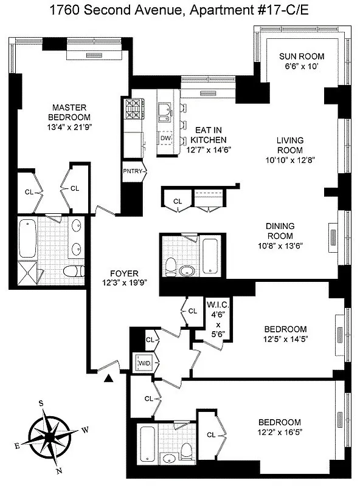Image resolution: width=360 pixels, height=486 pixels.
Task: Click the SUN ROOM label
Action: pos(298,56)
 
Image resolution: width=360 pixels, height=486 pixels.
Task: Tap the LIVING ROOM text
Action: pos(290,145)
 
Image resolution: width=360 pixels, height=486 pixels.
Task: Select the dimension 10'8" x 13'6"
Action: pos(280,245)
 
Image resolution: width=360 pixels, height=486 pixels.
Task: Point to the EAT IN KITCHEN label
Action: pos(206,135)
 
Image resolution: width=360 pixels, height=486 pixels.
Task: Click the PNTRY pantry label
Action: pos(133,171)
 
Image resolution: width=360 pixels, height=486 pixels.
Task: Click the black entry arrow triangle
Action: pos(108,380)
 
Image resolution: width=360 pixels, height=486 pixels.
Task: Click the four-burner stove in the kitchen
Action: pos(133,109)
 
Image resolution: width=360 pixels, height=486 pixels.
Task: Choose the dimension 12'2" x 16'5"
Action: pos(279,432)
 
